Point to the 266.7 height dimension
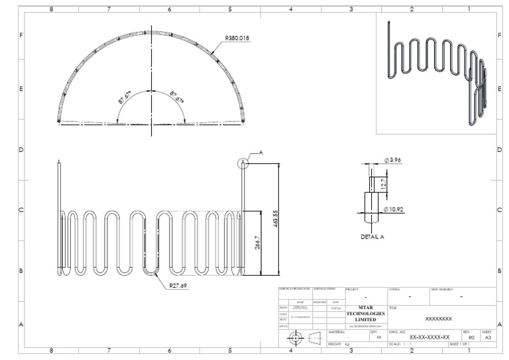click(258, 243)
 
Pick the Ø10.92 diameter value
click(394, 210)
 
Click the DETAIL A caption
click(372, 236)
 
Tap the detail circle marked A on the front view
click(243, 162)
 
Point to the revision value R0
click(471, 337)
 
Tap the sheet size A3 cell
click(488, 337)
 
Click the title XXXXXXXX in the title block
click(438, 319)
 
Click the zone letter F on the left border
click(21, 34)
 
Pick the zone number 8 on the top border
click(51, 9)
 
